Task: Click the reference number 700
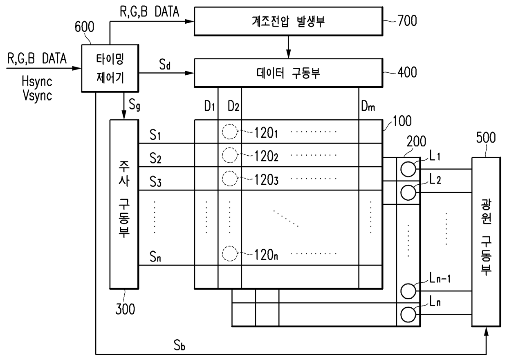407,21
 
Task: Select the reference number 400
407,72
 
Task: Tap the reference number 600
84,27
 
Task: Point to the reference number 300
125,309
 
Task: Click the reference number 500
486,137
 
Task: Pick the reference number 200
417,141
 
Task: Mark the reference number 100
402,121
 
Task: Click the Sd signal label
165,65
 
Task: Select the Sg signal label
135,105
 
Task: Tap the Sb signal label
179,345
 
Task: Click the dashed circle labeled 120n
230,254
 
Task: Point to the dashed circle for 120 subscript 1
230,132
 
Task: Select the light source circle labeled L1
408,169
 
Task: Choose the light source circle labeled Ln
408,315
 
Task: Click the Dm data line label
368,106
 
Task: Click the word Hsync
37,82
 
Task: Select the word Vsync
37,96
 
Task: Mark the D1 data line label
210,106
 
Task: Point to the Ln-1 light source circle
408,291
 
